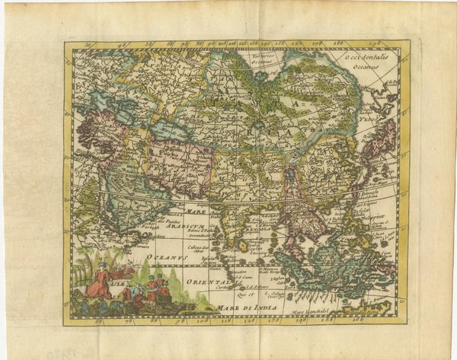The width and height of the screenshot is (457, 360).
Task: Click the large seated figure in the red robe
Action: (99, 283)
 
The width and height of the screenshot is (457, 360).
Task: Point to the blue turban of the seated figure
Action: (101, 267)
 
